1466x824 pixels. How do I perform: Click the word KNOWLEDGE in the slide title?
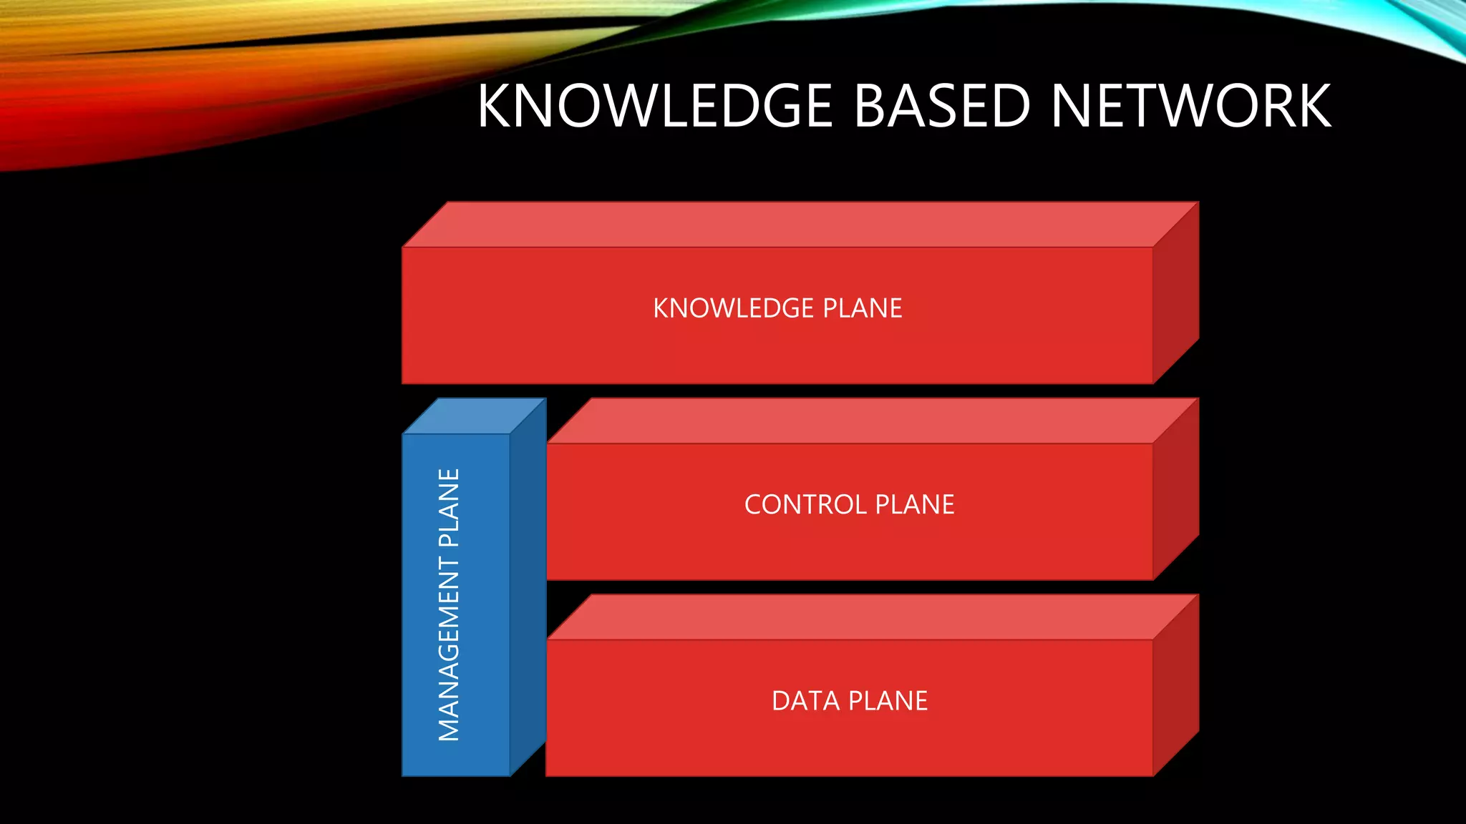[655, 106]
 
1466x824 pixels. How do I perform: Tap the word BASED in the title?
[942, 106]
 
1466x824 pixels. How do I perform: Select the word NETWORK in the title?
[1191, 106]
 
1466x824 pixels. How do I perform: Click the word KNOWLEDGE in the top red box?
[733, 308]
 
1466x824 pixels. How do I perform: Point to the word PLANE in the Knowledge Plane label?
[863, 308]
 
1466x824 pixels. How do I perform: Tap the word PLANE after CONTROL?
[915, 505]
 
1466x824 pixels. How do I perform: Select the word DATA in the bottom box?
[805, 701]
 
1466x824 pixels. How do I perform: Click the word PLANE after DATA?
[888, 701]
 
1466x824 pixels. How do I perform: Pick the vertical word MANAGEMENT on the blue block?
[449, 649]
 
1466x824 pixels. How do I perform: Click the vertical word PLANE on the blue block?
[449, 508]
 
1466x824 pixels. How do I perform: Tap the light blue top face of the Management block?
[474, 416]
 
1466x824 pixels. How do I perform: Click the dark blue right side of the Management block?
[528, 587]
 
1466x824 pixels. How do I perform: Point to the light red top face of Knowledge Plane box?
[800, 225]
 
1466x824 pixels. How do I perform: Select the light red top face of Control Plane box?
[872, 421]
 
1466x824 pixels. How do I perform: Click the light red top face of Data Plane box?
[872, 617]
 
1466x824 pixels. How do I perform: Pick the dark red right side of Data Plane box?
[1175, 685]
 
